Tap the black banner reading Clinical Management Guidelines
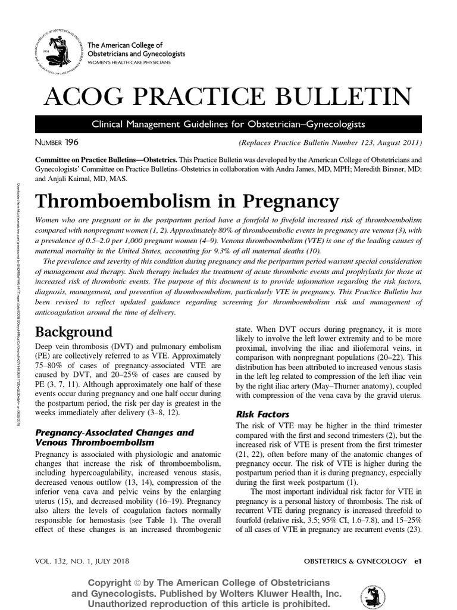[228, 125]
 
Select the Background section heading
[74, 331]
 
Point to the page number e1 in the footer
[417, 561]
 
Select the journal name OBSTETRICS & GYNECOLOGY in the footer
[355, 561]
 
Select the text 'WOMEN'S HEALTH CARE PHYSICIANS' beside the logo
[129, 63]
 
